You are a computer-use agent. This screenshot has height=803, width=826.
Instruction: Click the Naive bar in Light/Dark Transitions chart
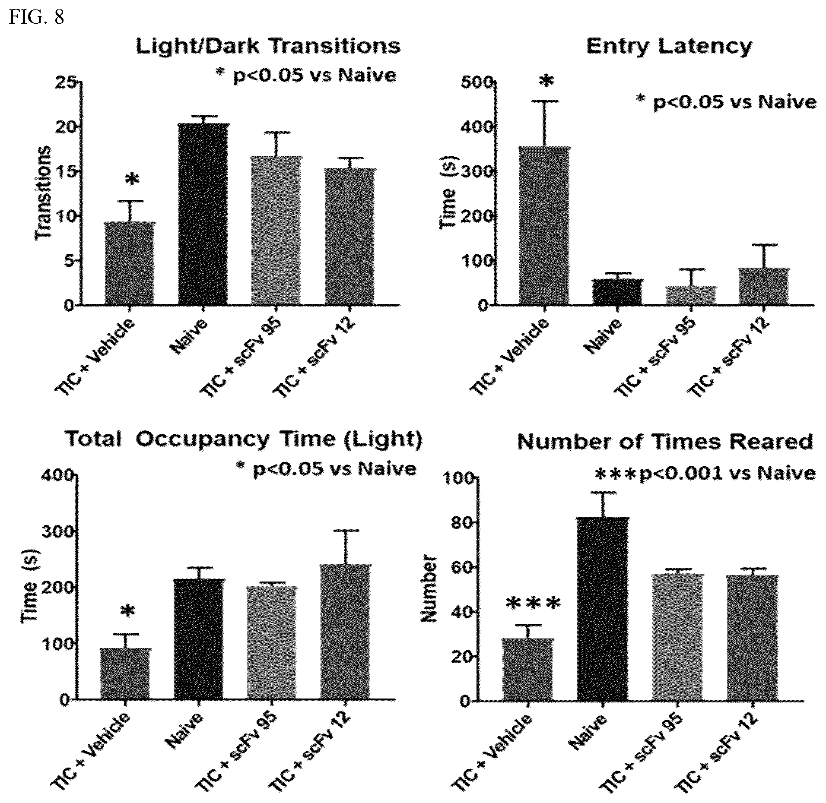(203, 214)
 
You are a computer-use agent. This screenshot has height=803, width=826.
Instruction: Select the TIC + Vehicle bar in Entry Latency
(545, 226)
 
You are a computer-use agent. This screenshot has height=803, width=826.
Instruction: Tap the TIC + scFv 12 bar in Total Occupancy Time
(346, 631)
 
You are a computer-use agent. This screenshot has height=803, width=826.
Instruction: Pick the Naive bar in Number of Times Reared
(603, 609)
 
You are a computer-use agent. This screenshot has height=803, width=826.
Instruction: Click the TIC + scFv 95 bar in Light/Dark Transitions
(276, 231)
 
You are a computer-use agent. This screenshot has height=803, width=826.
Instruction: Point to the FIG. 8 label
(37, 18)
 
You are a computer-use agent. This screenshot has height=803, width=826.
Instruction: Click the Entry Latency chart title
(669, 47)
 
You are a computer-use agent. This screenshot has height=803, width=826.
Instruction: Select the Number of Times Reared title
(665, 442)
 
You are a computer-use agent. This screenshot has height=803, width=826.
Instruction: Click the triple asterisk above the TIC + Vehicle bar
(533, 604)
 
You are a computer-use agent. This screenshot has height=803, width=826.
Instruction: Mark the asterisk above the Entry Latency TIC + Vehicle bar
(546, 81)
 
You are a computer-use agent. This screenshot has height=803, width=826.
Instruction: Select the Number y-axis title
(429, 589)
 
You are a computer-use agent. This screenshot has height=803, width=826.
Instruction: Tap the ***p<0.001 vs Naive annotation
(705, 474)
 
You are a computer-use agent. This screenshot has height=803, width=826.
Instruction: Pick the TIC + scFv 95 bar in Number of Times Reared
(677, 637)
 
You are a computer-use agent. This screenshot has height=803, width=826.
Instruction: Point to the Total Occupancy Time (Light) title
(244, 440)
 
